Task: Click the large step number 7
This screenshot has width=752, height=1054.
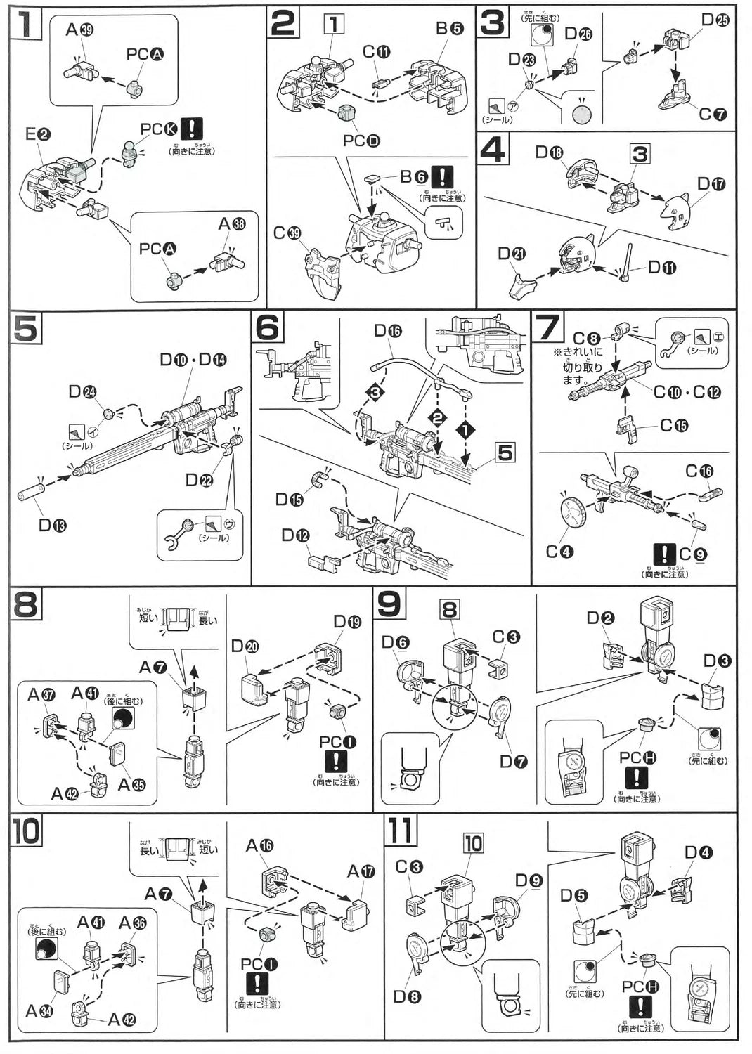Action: tap(548, 327)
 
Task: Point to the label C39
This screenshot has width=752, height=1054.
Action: tap(287, 233)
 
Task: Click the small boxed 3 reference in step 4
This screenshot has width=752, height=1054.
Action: tap(639, 153)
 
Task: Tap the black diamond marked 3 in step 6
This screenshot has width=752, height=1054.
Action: tap(375, 391)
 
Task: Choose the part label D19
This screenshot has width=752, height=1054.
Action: tap(347, 622)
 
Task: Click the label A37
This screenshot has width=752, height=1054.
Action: tap(41, 694)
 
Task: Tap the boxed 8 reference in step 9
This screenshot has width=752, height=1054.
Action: tap(450, 609)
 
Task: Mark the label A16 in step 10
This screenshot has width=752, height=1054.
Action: tap(259, 846)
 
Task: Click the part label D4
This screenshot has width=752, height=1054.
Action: tap(699, 853)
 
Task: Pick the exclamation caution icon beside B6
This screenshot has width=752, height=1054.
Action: tap(442, 176)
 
